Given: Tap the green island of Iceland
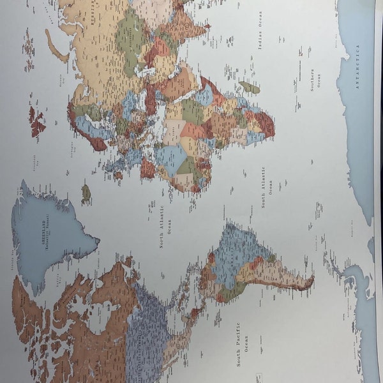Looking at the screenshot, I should (86, 191).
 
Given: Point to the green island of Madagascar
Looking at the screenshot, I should (250, 87).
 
